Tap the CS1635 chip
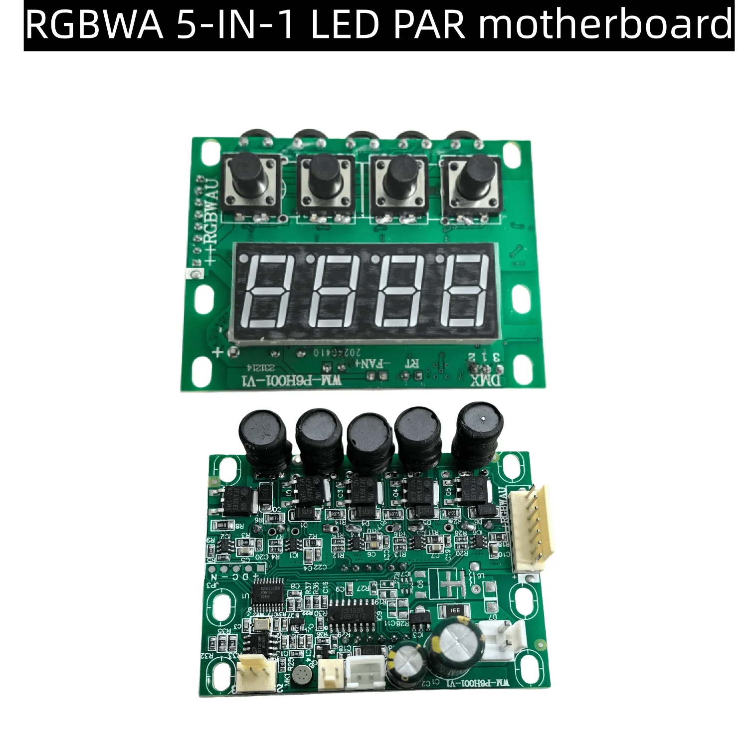[x=353, y=613]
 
